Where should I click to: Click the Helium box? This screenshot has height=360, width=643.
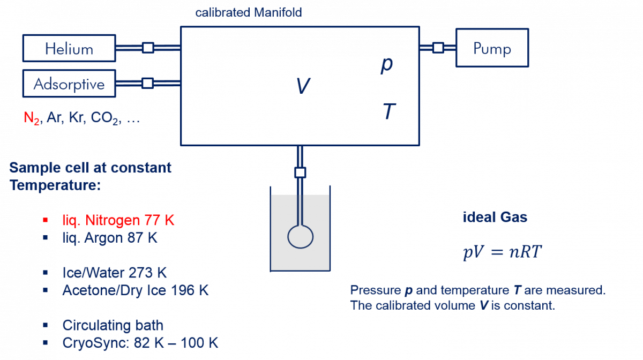pyautogui.click(x=69, y=48)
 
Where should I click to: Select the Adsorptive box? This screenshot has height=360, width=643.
pyautogui.click(x=69, y=84)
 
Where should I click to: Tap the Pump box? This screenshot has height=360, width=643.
pyautogui.click(x=492, y=48)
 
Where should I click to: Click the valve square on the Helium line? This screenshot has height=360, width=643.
pyautogui.click(x=148, y=48)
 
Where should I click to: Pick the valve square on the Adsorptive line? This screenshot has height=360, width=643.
pyautogui.click(x=147, y=83)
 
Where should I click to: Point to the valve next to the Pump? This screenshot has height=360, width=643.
pyautogui.click(x=438, y=48)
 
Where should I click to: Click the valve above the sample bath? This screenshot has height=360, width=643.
pyautogui.click(x=300, y=172)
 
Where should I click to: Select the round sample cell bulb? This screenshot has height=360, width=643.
pyautogui.click(x=300, y=236)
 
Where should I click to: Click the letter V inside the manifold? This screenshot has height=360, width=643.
pyautogui.click(x=303, y=86)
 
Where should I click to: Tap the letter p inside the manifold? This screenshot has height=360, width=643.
pyautogui.click(x=386, y=65)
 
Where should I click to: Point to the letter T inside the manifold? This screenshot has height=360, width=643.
pyautogui.click(x=389, y=112)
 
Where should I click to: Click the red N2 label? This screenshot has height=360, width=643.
pyautogui.click(x=32, y=118)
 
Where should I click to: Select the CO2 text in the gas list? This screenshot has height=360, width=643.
pyautogui.click(x=104, y=118)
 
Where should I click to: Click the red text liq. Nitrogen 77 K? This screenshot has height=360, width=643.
pyautogui.click(x=118, y=220)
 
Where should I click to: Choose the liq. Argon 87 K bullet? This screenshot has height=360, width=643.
pyautogui.click(x=110, y=237)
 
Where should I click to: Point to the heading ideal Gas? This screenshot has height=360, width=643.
pyautogui.click(x=495, y=217)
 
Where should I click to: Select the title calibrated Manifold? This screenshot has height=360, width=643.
pyautogui.click(x=248, y=12)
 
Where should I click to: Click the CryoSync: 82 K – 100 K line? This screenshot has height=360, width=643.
pyautogui.click(x=140, y=343)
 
